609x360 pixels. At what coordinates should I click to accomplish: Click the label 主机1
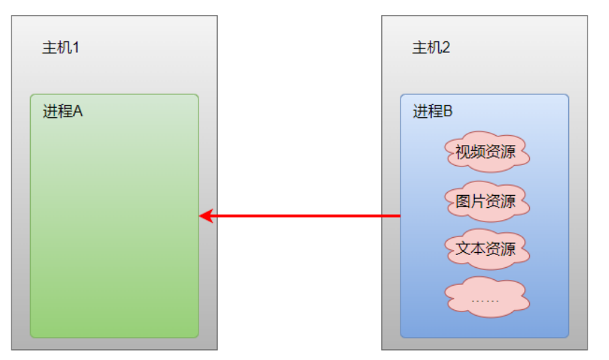click(61, 49)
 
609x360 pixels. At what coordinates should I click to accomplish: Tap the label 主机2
click(431, 49)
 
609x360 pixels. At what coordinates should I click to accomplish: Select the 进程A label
click(63, 111)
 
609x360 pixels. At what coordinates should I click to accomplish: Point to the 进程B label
click(433, 111)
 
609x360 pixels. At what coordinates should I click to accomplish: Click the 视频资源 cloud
click(485, 151)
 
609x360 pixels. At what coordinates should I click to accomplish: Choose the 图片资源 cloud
click(485, 201)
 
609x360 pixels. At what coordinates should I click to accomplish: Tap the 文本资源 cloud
click(485, 249)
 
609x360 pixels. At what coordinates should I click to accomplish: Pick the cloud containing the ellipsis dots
click(485, 297)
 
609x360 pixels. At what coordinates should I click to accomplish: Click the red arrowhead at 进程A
click(206, 216)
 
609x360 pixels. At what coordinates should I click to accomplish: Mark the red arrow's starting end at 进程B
click(399, 216)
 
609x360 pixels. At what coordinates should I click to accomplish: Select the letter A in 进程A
click(78, 111)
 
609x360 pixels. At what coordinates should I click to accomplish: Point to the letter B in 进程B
click(448, 111)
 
